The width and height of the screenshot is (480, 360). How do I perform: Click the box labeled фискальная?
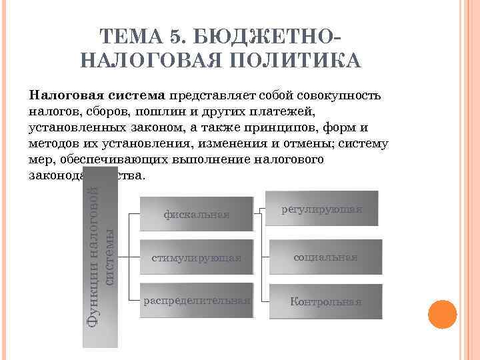[x=197, y=214]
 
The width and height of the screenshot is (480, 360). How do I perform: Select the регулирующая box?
[x=321, y=209]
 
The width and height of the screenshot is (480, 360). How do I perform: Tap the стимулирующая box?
[x=197, y=257]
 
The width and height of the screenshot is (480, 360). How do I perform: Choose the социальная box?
[x=325, y=257]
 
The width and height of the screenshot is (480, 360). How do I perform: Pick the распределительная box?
[x=197, y=301]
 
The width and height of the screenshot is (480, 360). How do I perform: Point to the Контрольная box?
[x=325, y=301]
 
